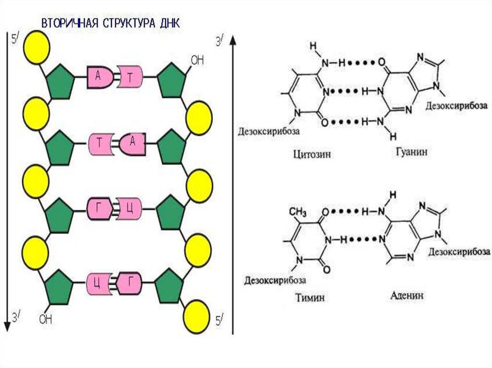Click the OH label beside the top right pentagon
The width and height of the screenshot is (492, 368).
pos(197,60)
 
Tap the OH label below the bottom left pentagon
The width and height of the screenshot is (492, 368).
pos(45,319)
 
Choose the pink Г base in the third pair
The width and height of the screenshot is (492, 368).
pos(99,209)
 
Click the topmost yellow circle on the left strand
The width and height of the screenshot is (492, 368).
pos(37,47)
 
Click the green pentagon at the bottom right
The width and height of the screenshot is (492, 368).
pos(170,285)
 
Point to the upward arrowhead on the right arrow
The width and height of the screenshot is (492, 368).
pos(234,41)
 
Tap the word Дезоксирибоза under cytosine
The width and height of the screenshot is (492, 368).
pos(269,130)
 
